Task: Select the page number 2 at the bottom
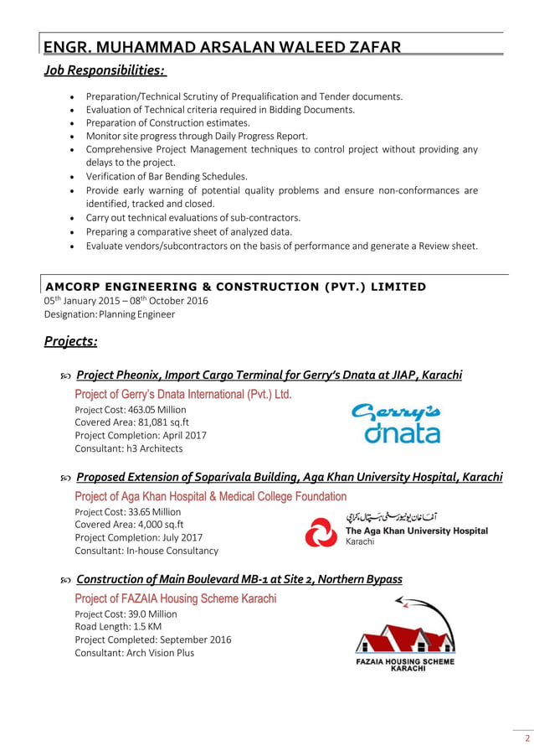[x=526, y=738]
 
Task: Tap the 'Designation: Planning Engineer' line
[x=110, y=314]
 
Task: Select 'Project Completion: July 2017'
[x=138, y=537]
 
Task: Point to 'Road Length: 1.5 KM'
[x=118, y=626]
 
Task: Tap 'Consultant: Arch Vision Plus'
[x=134, y=652]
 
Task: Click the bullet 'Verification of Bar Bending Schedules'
[x=167, y=176]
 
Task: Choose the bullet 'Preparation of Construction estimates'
[x=167, y=122]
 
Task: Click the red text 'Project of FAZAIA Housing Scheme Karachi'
[x=175, y=598]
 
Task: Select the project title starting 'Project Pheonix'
[x=268, y=375]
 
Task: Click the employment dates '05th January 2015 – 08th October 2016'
[x=126, y=301]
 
